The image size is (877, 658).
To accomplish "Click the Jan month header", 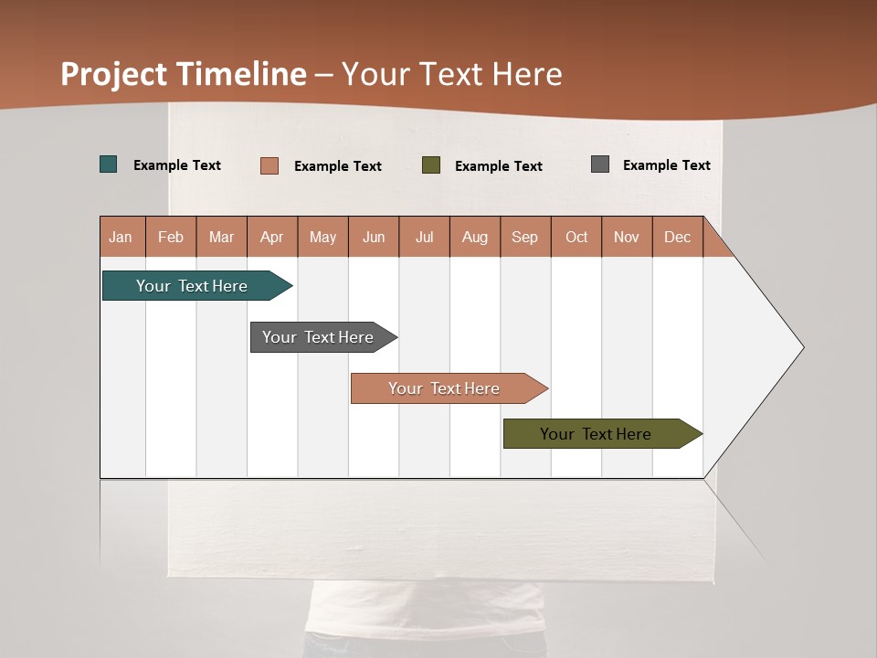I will pyautogui.click(x=122, y=238).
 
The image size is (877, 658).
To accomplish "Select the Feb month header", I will pyautogui.click(x=171, y=238).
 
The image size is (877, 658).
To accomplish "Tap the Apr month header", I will pyautogui.click(x=272, y=238).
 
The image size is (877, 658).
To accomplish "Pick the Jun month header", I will pyautogui.click(x=374, y=238).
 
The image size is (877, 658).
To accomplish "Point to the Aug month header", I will pyautogui.click(x=475, y=238).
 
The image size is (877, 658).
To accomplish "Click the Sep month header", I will pyautogui.click(x=525, y=238).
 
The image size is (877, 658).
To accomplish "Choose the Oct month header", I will pyautogui.click(x=576, y=238).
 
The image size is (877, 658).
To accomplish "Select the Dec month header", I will pyautogui.click(x=678, y=238).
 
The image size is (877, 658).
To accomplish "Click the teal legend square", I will pyautogui.click(x=109, y=164).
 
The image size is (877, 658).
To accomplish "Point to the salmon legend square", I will pyautogui.click(x=269, y=165).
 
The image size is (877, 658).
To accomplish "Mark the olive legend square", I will pyautogui.click(x=431, y=165).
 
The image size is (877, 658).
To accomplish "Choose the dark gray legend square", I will pyautogui.click(x=600, y=164).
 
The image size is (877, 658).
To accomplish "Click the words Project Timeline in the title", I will pyautogui.click(x=184, y=74).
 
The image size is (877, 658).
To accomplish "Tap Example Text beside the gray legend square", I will pyautogui.click(x=666, y=165).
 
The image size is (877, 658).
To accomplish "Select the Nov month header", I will pyautogui.click(x=627, y=238).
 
